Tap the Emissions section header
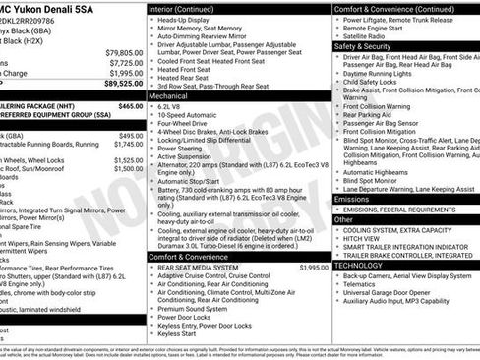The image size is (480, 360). pyautogui.click(x=352, y=199)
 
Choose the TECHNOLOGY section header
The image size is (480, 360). pyautogui.click(x=358, y=265)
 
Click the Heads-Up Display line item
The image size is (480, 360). pyautogui.click(x=191, y=20)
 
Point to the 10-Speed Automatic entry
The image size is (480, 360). pyautogui.click(x=193, y=116)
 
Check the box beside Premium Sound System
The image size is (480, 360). pyautogui.click(x=151, y=308)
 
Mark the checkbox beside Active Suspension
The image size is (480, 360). pyautogui.click(x=151, y=155)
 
